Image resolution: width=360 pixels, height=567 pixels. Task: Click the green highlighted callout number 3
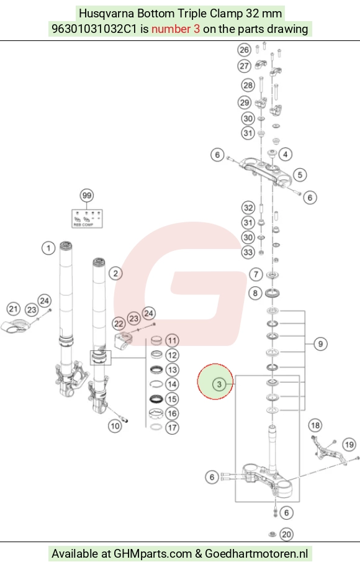[x=219, y=384]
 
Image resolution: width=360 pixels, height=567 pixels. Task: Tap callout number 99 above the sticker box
[x=87, y=196]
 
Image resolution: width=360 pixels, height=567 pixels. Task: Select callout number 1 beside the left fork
[x=48, y=248]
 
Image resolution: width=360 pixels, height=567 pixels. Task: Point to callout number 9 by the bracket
[x=320, y=344]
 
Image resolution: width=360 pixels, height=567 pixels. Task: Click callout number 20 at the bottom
[x=286, y=535]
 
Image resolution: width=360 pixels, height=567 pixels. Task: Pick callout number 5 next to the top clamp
[x=300, y=175]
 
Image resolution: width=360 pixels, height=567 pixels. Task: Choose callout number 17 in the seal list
[x=172, y=428]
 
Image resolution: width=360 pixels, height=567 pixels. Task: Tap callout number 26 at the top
[x=245, y=50]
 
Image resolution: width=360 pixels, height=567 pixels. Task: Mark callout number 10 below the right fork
[x=115, y=426]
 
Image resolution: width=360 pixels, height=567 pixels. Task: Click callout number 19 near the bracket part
[x=349, y=445]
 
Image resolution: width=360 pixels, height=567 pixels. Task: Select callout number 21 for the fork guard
[x=14, y=309]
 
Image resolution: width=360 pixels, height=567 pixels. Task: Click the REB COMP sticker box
[x=88, y=219]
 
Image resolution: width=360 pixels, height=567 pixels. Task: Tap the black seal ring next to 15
[x=156, y=399]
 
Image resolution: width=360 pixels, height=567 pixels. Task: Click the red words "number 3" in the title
[x=175, y=29]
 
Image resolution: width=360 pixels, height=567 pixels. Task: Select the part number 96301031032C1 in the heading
[x=94, y=29]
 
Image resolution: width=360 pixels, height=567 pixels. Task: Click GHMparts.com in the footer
[x=153, y=553]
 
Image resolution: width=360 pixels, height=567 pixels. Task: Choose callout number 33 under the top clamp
[x=248, y=252]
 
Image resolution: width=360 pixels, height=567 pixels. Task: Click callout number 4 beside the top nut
[x=286, y=155]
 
